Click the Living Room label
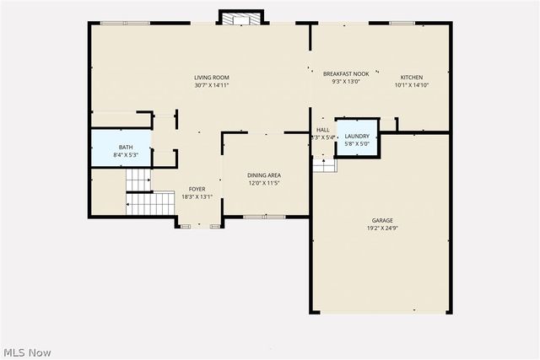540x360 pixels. tap(212, 78)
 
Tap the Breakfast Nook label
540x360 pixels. tap(346, 74)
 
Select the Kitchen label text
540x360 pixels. tap(412, 77)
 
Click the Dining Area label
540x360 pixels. tap(263, 175)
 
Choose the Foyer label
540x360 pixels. tap(197, 189)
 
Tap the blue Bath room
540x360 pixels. tap(121, 150)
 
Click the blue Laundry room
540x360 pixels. tap(357, 139)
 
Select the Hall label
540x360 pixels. tap(322, 130)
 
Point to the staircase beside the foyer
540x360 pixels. tap(138, 192)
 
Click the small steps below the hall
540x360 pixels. tap(324, 165)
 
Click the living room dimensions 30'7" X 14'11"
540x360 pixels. tap(212, 85)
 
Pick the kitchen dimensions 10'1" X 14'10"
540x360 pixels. tap(412, 84)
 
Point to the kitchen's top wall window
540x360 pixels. tap(402, 23)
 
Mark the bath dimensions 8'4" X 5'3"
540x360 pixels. tap(121, 155)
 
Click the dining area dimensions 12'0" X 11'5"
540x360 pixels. tap(263, 183)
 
